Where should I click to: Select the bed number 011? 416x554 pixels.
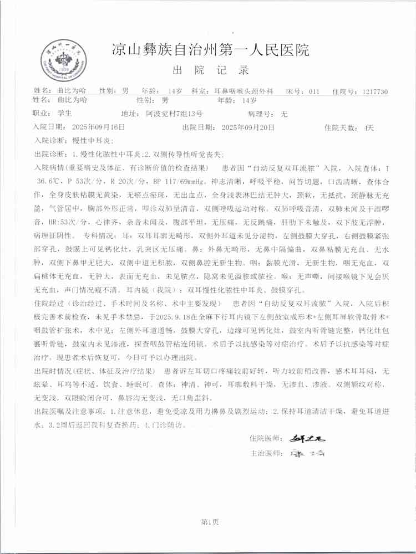tap(314, 91)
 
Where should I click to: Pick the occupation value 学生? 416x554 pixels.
tap(64, 114)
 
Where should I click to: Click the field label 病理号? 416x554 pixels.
tap(261, 114)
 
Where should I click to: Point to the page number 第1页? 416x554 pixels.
tap(209, 521)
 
